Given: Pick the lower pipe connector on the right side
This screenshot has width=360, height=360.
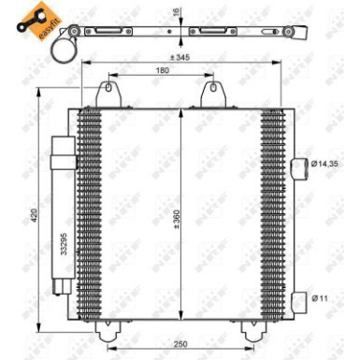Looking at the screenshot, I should [x=298, y=300].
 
